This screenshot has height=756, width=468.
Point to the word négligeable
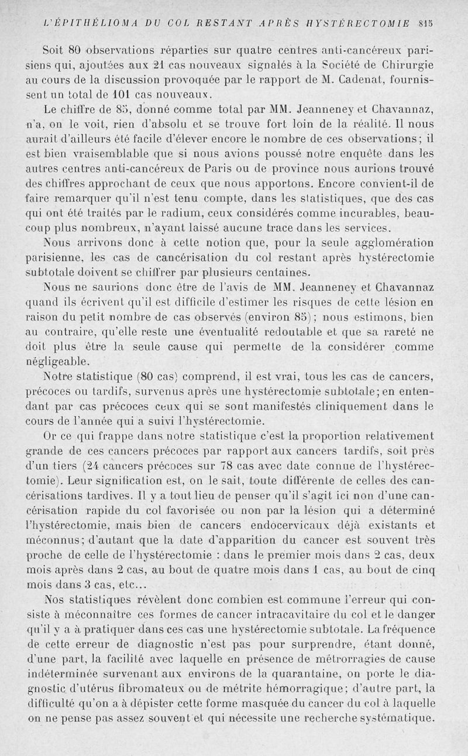[58, 361]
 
